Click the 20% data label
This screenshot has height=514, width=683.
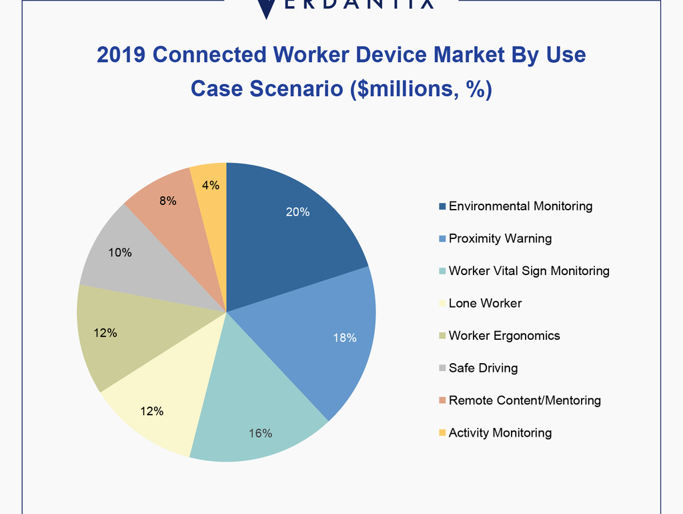297,212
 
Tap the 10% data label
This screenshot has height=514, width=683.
120,253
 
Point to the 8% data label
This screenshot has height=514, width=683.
167,200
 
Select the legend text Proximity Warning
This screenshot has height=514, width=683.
500,238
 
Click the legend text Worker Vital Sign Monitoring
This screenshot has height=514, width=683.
529,271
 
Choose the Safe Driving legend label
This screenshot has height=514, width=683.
483,368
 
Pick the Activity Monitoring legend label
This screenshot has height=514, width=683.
500,433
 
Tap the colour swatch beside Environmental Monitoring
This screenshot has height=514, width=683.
442,206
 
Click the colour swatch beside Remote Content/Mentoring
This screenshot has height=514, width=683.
442,401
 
